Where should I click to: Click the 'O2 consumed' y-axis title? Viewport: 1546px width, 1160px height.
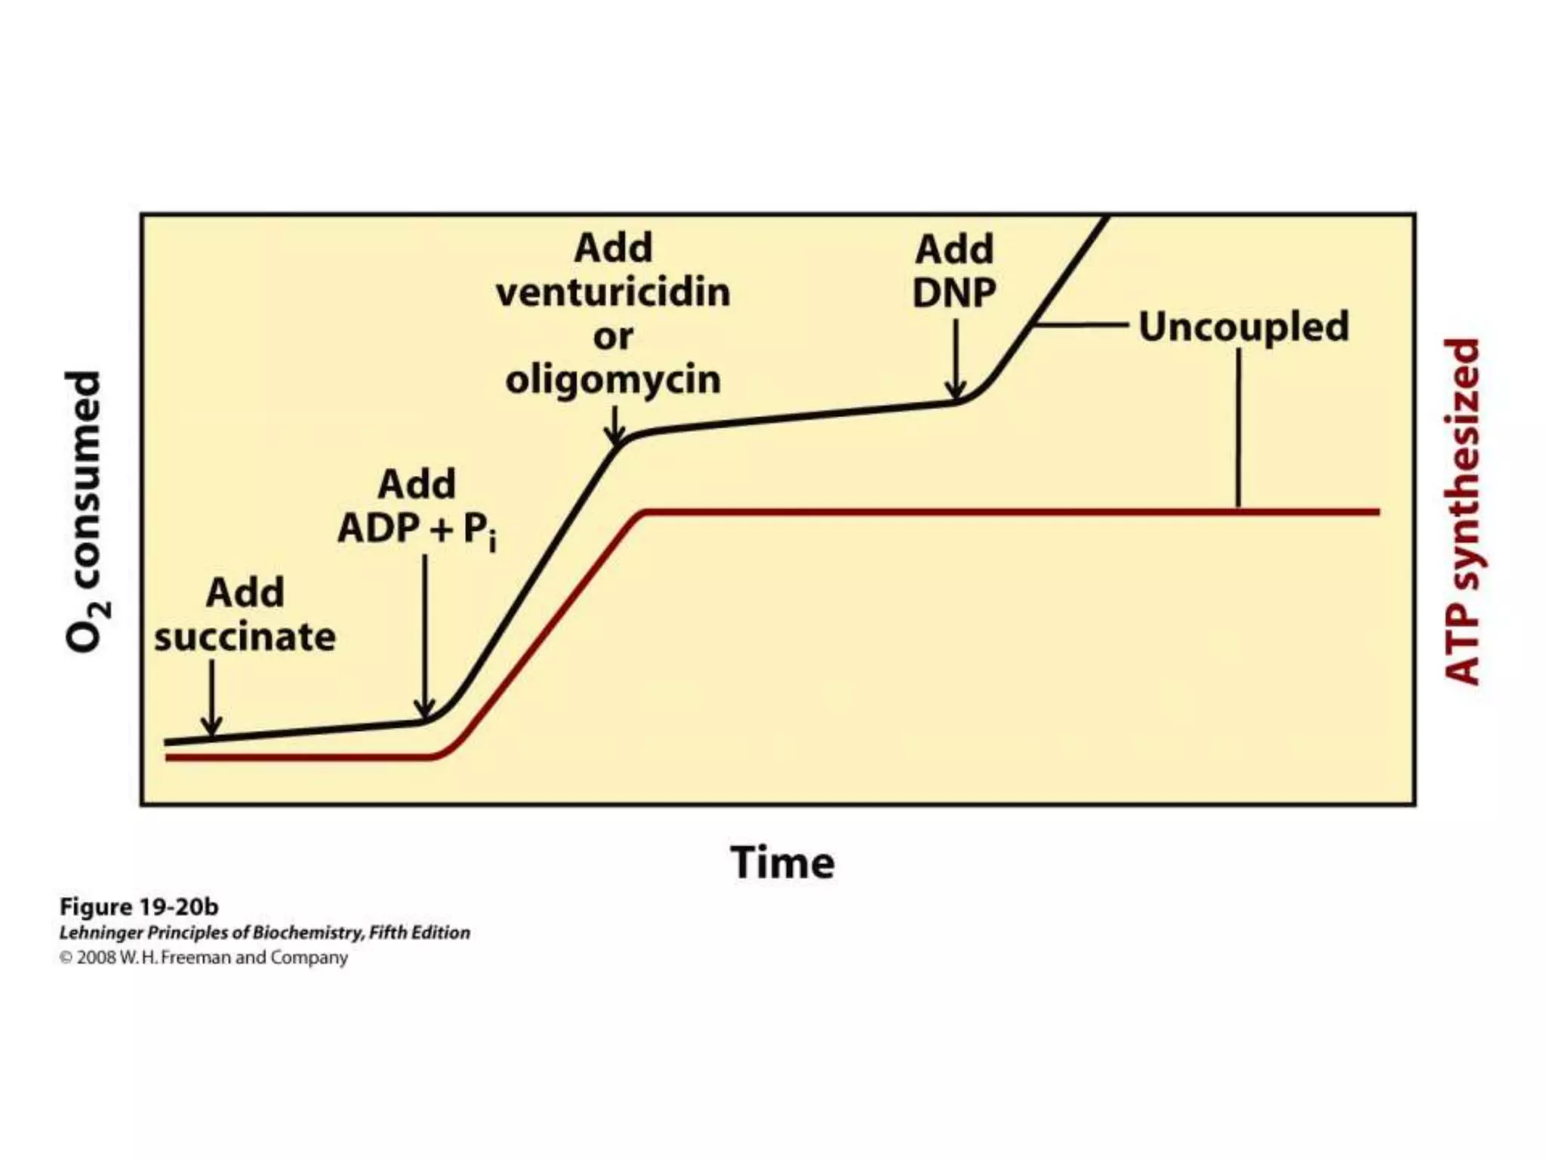[85, 512]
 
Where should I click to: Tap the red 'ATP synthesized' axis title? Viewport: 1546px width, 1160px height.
[1461, 512]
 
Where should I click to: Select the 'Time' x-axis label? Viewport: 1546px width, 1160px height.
[782, 862]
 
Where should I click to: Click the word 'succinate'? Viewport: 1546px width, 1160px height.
[245, 637]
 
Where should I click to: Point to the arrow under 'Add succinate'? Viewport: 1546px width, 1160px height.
[212, 699]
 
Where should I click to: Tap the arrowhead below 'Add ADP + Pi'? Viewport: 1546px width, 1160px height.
[425, 708]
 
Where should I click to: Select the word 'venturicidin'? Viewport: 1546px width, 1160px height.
[613, 292]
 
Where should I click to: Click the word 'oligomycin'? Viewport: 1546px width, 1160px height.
[613, 379]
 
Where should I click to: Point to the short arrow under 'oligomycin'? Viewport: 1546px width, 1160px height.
[615, 427]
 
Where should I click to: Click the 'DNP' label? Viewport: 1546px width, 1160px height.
[954, 293]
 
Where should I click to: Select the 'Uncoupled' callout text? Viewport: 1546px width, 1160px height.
[1243, 326]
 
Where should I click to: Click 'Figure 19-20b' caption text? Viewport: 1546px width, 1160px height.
[139, 906]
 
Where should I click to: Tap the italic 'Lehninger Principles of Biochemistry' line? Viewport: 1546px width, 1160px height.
[264, 933]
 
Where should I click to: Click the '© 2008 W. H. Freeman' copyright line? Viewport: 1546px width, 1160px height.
[204, 958]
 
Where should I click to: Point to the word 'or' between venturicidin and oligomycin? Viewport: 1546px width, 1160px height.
[612, 336]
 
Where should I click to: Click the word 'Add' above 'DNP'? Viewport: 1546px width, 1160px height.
[954, 249]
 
